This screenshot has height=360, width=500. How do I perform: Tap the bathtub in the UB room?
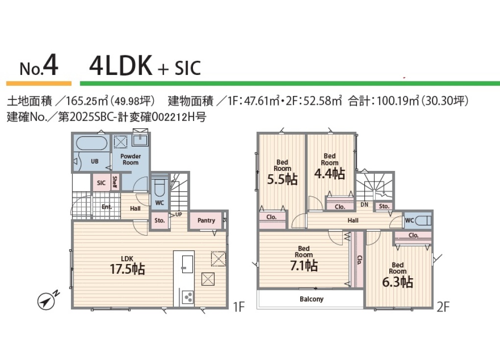pyautogui.click(x=92, y=144)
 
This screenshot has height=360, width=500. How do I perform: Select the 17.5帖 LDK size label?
pyautogui.click(x=127, y=269)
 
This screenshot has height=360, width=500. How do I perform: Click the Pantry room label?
pyautogui.click(x=206, y=220)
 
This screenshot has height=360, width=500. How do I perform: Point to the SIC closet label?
pyautogui.click(x=101, y=183)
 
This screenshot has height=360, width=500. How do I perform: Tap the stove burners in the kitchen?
pyautogui.click(x=187, y=297)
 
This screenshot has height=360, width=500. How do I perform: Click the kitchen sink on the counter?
pyautogui.click(x=187, y=264)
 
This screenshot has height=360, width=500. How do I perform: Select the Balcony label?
pyautogui.click(x=311, y=299)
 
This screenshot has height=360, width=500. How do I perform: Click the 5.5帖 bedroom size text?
pyautogui.click(x=282, y=180)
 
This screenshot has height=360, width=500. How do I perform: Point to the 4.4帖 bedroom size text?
pyautogui.click(x=330, y=174)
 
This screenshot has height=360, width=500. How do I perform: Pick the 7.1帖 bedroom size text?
pyautogui.click(x=304, y=265)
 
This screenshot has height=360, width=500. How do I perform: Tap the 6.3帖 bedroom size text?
pyautogui.click(x=398, y=282)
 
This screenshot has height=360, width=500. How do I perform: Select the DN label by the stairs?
pyautogui.click(x=364, y=205)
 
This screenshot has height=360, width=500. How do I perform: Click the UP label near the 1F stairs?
pyautogui.click(x=179, y=215)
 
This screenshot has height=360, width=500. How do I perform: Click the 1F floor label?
pyautogui.click(x=239, y=307)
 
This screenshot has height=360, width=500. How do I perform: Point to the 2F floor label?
pyautogui.click(x=443, y=307)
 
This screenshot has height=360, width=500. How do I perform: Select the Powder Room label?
pyautogui.click(x=130, y=160)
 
